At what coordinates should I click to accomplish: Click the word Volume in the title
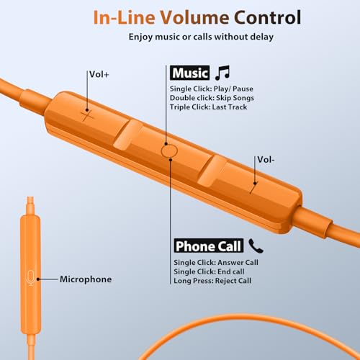194,17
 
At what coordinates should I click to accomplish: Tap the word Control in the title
267,17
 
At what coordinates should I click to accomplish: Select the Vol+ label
99,74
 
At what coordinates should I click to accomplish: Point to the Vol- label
266,160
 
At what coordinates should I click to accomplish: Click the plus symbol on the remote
87,116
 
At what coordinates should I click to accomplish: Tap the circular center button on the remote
169,151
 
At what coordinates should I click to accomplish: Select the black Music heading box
190,73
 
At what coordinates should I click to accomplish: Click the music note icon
222,73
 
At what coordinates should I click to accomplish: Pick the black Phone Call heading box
209,246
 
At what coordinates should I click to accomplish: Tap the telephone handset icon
256,246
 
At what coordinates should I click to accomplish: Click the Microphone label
86,279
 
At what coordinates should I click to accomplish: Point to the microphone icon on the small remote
30,278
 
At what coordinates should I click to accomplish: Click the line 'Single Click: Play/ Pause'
212,89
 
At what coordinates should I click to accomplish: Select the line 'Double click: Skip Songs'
212,98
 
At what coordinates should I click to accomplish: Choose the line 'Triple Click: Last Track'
208,107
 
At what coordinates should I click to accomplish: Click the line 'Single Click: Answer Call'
216,263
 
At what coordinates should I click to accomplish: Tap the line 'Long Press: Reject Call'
212,281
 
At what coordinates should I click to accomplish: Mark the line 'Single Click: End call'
209,271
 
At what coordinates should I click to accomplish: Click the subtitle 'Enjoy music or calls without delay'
201,37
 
